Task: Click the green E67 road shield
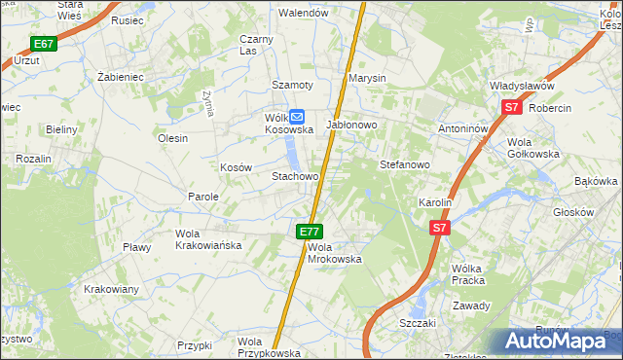click(43, 44)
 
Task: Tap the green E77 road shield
click(310, 231)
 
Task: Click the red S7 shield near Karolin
click(440, 228)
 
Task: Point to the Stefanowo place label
click(404, 165)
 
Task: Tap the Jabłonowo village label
click(351, 126)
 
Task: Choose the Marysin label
click(367, 78)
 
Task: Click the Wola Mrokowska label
click(335, 253)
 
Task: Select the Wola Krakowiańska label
click(207, 239)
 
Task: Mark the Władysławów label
click(529, 87)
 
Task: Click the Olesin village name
click(172, 138)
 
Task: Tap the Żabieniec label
click(121, 76)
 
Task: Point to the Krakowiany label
click(111, 289)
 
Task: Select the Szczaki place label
click(417, 322)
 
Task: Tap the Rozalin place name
click(32, 158)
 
